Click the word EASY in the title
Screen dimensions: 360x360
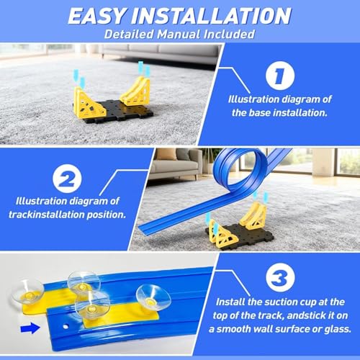96,16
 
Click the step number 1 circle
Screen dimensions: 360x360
280,76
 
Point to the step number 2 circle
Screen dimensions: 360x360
67,179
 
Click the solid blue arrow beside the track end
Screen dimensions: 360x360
30,328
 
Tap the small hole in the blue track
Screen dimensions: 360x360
66,327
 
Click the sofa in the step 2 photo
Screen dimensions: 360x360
176,164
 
